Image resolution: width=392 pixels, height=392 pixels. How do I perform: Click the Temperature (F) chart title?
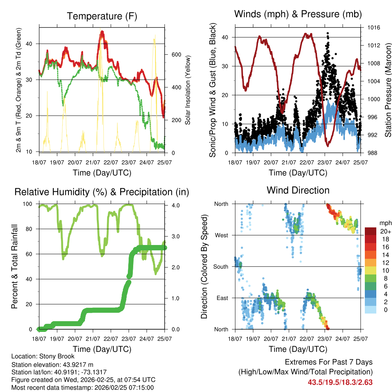click(x=102, y=16)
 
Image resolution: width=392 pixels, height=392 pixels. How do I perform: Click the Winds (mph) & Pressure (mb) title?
click(x=298, y=14)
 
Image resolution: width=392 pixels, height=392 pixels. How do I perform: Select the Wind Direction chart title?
click(x=298, y=190)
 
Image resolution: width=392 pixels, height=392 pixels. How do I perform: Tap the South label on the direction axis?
click(x=220, y=266)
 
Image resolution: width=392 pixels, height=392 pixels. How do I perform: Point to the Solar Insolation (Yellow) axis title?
click(x=188, y=89)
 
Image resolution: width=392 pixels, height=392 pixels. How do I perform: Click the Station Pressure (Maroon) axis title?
click(x=388, y=89)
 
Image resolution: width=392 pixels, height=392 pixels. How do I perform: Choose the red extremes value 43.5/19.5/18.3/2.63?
click(x=340, y=382)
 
